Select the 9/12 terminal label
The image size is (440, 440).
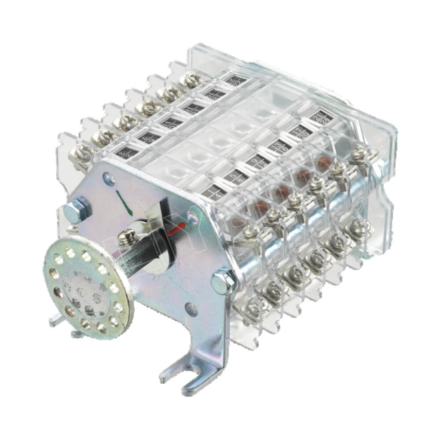pyautogui.click(x=257, y=161)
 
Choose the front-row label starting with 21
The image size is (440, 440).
pyautogui.click(x=319, y=117)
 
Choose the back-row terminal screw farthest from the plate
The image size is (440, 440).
pyautogui.click(x=190, y=79)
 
